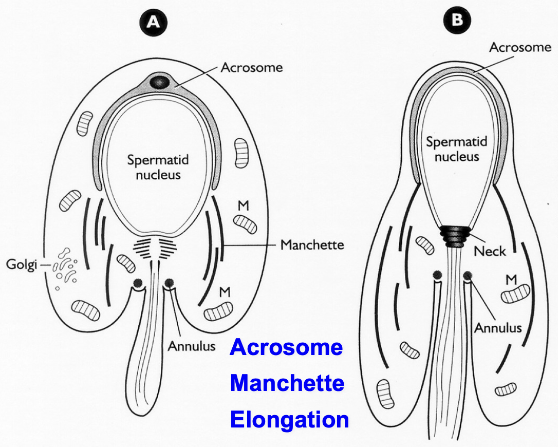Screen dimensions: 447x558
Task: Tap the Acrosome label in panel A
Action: click(x=251, y=67)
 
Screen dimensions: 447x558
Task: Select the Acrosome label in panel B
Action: click(x=520, y=48)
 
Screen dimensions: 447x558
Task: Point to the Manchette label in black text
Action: click(x=312, y=245)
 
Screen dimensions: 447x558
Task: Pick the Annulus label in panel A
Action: click(x=191, y=345)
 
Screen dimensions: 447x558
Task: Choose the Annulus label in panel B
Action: click(x=497, y=327)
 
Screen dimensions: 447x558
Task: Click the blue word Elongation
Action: click(x=289, y=419)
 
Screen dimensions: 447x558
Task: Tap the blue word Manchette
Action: click(x=287, y=383)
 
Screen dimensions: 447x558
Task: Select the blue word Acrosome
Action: click(x=286, y=347)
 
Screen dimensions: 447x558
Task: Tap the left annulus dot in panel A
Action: click(x=138, y=283)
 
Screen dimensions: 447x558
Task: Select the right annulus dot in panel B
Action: click(x=468, y=276)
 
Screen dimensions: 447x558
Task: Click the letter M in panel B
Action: click(x=511, y=280)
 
